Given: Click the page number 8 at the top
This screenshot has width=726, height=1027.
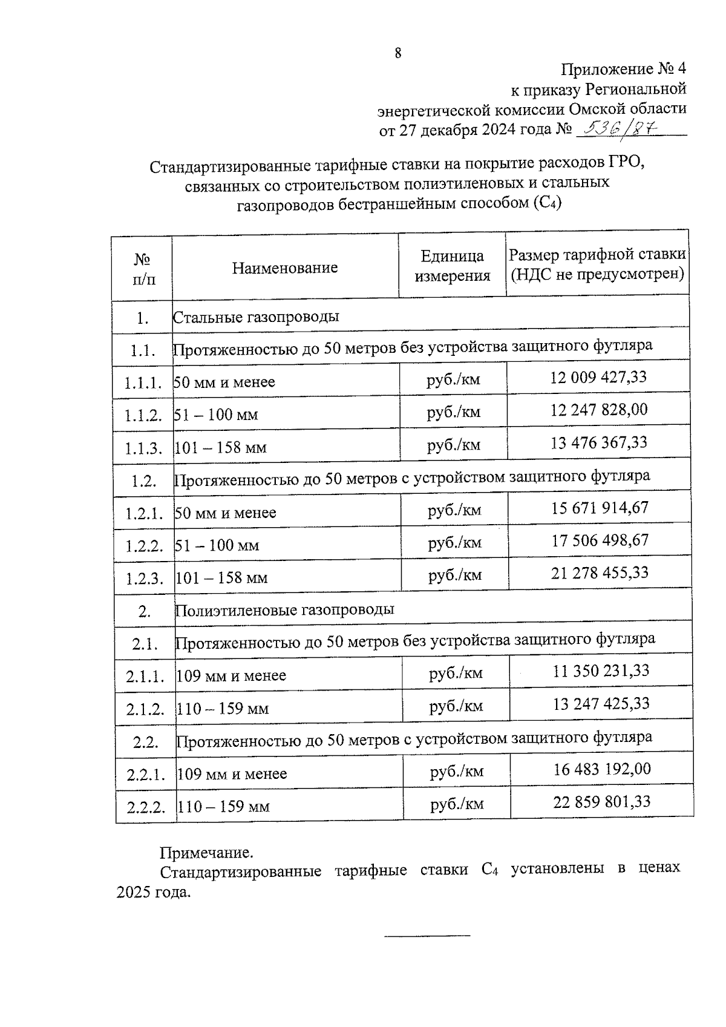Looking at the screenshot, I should click(397, 53).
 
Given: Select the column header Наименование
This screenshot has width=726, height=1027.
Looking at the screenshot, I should click(285, 267).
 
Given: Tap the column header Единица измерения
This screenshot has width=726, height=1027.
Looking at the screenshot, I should click(452, 266).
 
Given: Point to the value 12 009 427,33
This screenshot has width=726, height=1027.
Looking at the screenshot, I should click(598, 377).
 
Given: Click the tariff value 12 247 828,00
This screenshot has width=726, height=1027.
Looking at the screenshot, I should click(598, 410).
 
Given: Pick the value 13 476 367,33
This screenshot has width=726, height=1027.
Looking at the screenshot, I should click(598, 442).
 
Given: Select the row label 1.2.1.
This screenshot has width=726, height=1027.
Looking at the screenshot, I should click(144, 514).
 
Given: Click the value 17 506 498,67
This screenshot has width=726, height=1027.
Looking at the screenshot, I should click(600, 540).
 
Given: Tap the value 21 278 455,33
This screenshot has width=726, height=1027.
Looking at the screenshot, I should click(600, 573).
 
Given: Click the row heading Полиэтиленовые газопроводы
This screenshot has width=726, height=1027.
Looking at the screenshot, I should click(284, 609).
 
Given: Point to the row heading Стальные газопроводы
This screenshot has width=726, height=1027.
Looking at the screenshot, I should click(256, 317).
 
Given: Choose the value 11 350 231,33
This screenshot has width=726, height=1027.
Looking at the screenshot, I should click(601, 671).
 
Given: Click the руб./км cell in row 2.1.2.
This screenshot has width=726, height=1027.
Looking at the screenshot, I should click(456, 706).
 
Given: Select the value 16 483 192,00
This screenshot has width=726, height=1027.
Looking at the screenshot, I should click(602, 769).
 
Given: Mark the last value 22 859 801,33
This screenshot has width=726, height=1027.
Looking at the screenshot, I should click(602, 802).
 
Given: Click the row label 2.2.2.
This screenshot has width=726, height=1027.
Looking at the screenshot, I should click(146, 807).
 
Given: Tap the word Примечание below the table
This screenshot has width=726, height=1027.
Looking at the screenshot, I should click(206, 853).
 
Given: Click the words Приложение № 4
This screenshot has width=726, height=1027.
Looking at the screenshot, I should click(623, 69).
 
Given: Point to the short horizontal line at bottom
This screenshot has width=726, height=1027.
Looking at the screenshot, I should click(427, 936).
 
